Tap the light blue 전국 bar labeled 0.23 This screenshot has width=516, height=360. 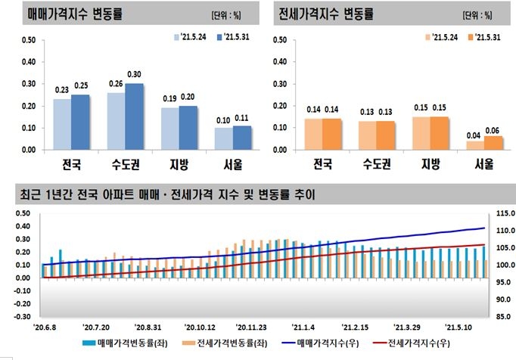(x=62, y=124)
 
